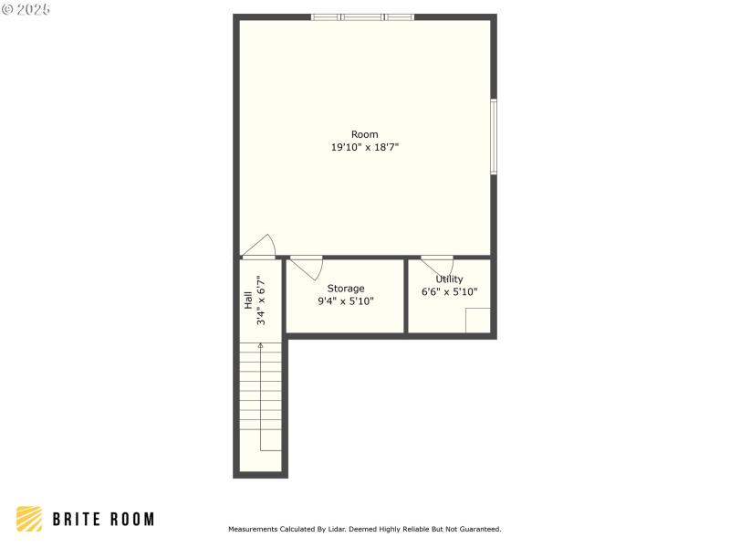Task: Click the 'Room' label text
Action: pos(364,134)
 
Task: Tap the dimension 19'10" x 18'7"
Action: pos(364,146)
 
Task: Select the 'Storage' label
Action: pos(346,289)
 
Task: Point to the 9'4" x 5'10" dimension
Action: pos(346,300)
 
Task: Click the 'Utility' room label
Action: pos(449,279)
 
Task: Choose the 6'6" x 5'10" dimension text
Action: pos(449,292)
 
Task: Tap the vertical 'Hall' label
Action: pos(247,300)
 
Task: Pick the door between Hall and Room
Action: pos(260,247)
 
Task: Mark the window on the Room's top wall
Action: pos(362,16)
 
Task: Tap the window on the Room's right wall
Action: pos(494,136)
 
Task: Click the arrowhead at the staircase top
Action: pos(261,346)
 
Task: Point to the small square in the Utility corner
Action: pos(477,321)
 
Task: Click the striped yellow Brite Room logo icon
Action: pos(29,519)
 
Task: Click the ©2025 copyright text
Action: pos(26,9)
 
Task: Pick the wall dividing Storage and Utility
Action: pos(406,297)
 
